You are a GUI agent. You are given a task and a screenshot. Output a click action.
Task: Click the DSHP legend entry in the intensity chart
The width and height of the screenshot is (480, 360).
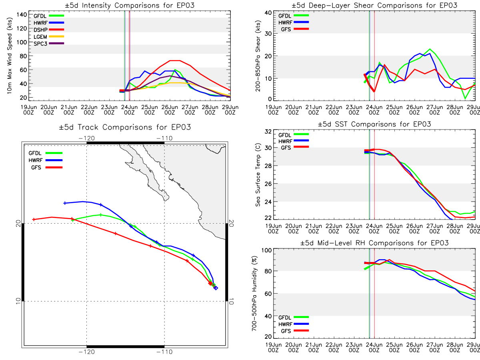pos(49,30)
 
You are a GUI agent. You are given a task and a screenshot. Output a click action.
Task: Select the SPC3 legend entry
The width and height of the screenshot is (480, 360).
pos(49,44)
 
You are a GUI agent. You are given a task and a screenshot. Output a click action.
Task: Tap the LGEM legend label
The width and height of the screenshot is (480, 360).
pos(40,37)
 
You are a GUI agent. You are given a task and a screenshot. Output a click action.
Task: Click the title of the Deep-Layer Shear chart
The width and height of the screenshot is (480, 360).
pos(374,5)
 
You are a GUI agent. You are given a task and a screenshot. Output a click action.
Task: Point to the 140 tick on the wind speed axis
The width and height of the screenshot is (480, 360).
pos(22,15)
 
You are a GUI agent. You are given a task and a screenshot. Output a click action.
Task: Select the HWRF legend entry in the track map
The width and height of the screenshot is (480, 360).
pos(46,160)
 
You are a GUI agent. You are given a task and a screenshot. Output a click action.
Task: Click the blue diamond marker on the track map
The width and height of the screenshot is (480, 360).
pos(216,288)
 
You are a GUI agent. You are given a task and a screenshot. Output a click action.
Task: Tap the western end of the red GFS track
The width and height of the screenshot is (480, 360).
pos(34,220)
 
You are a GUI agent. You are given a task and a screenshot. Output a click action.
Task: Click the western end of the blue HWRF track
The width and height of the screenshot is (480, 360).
pos(64,203)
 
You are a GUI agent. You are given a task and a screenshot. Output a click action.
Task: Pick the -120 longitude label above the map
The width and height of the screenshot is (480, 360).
pos(86,138)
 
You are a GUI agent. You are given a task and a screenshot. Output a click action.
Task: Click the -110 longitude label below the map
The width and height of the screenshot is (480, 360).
pos(164,352)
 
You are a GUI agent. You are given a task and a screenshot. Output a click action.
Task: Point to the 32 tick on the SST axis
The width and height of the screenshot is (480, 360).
pos(268,132)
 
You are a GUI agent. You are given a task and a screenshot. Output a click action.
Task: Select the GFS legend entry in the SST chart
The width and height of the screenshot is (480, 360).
pos(295,148)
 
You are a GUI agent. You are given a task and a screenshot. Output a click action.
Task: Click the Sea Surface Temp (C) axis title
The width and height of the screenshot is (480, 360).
pos(258,175)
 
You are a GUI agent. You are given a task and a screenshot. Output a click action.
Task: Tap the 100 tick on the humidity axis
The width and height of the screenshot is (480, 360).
pos(266,250)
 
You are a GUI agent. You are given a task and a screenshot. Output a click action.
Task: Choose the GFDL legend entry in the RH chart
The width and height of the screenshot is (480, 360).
pos(294,317)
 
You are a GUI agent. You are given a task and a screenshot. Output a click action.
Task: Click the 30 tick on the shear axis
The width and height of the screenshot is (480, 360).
pos(268,34)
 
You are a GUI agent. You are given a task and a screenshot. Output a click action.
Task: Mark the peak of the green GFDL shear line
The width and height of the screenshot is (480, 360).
pos(430,49)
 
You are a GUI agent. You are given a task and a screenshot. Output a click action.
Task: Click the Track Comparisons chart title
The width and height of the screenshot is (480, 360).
pos(125,127)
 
